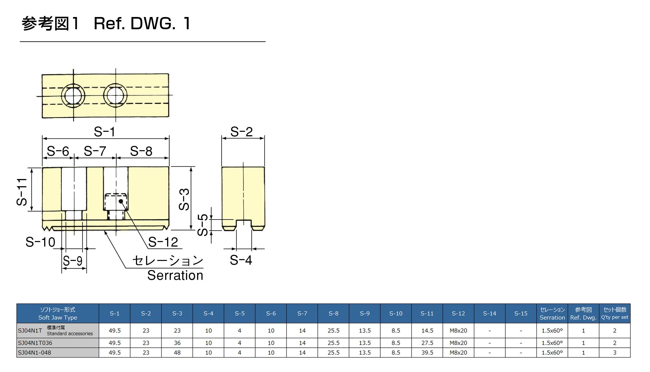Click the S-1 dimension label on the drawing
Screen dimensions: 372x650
(104, 132)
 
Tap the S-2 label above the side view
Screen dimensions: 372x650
(241, 132)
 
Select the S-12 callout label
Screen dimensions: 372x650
(163, 242)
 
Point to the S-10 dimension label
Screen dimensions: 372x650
(40, 242)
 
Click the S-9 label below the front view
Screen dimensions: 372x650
(73, 261)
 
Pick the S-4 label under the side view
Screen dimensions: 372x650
(241, 260)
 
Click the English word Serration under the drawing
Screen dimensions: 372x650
(175, 275)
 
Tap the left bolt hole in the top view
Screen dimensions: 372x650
(73, 96)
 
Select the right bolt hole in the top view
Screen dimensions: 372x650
(115, 95)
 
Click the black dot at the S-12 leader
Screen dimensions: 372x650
(121, 201)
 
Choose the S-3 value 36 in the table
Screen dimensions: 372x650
(177, 343)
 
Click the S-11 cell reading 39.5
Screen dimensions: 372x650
(427, 353)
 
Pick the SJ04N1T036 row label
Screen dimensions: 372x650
(35, 343)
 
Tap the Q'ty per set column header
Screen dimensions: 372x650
(614, 314)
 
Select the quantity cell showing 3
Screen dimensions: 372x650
(614, 353)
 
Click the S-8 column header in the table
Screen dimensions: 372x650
(333, 314)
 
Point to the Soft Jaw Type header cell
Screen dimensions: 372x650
(58, 314)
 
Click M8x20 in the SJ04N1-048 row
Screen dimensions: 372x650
(458, 353)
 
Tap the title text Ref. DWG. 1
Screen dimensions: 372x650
(142, 23)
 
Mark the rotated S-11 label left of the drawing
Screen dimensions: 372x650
(22, 192)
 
